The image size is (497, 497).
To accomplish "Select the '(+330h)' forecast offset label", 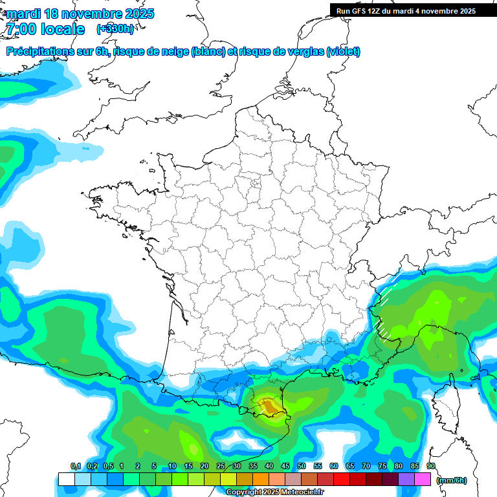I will pos(115,29).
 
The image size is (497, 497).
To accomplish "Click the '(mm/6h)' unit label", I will pos(452,480).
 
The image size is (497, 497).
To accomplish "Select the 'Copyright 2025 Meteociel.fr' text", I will pos(274,492).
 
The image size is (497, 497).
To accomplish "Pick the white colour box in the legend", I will pos(66,479).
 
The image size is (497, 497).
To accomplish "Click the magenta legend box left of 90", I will pos(423,479).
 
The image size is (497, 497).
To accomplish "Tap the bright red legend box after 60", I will pos(342,479).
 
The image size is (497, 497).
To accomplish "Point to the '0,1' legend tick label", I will pos(75,467).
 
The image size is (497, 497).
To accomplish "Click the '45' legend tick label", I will pos(285,467).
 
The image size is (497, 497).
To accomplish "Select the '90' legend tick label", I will pos(431,467).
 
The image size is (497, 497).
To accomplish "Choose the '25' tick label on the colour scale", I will pos(221,467).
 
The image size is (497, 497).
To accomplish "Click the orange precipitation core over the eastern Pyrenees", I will pos(268,406).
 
